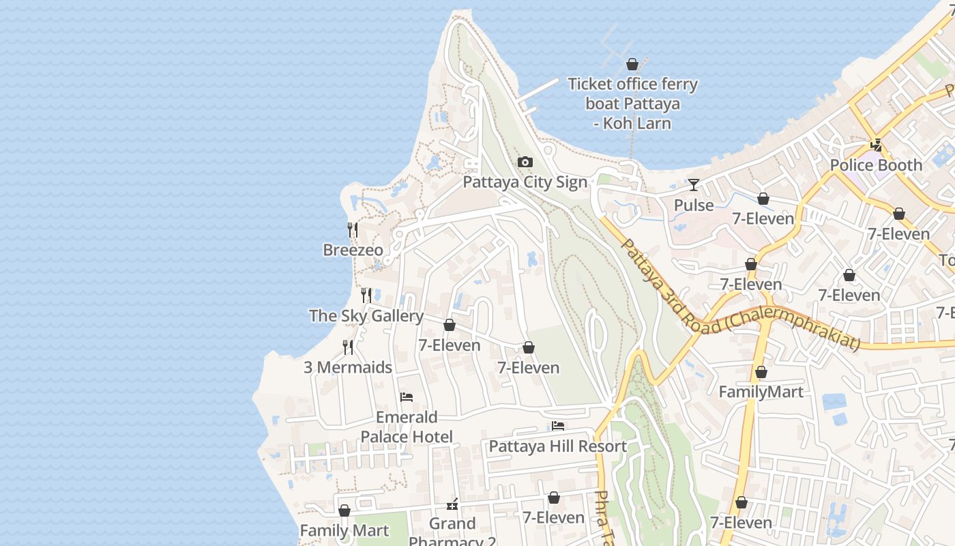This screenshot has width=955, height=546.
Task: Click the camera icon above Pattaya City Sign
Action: [x=525, y=162]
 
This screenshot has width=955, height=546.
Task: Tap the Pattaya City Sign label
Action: [x=525, y=182]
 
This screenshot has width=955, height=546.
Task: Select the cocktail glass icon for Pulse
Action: [x=694, y=185]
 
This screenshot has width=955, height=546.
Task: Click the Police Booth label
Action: [x=876, y=165]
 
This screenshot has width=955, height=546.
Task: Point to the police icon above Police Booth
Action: [x=877, y=145]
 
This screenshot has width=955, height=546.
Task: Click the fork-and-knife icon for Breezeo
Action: [x=353, y=229]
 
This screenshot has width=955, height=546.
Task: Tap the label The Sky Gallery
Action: [x=366, y=316]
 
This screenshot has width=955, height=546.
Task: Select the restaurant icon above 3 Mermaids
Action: [x=348, y=347]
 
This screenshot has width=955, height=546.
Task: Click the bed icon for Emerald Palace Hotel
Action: [x=407, y=397]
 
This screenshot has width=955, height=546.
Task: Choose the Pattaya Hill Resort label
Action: [x=558, y=446]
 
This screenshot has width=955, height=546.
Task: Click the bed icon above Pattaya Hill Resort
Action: [x=558, y=427]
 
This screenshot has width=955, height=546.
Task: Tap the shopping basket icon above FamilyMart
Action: [x=761, y=373]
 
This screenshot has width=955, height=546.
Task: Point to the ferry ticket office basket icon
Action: [x=632, y=64]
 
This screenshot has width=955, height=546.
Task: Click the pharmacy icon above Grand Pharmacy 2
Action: [x=452, y=505]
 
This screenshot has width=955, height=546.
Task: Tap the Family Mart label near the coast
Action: [x=344, y=530]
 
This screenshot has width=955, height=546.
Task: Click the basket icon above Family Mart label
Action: [x=344, y=511]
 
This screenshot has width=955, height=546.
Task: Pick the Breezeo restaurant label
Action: [x=353, y=250]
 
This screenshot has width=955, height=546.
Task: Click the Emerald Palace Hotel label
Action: [x=407, y=427]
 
